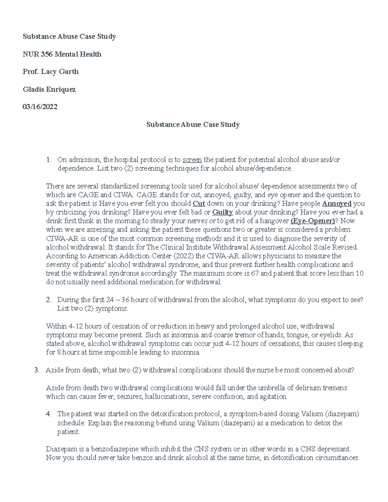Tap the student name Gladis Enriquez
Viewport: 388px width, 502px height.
[49, 89]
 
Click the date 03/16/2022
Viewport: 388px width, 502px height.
[40, 107]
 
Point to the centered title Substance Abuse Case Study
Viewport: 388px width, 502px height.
[193, 124]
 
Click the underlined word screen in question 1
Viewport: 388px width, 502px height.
[192, 160]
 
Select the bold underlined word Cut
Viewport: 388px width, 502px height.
[199, 204]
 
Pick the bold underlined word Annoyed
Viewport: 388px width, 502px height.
[337, 204]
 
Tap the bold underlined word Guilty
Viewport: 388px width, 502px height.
[223, 212]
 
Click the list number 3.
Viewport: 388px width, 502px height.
[37, 370]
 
